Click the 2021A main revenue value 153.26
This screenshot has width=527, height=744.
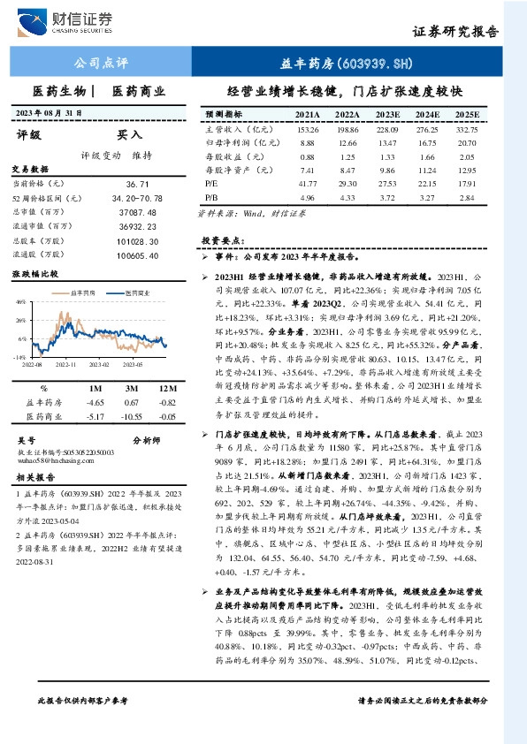point(307,129)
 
